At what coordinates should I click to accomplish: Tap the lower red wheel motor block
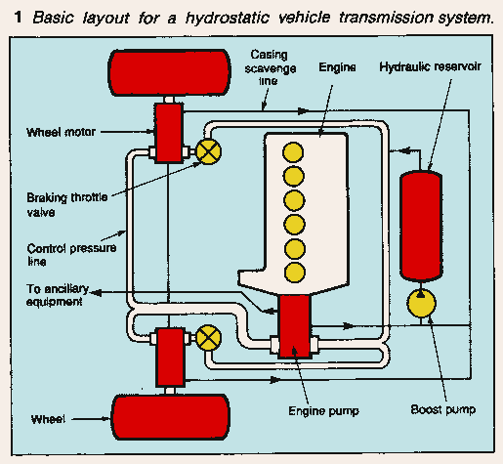click(170, 355)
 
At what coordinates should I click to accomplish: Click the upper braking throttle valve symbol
click(208, 150)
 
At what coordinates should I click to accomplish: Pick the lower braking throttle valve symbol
click(208, 338)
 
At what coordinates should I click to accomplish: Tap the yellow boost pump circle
click(422, 305)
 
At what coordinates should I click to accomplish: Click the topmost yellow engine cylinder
click(290, 152)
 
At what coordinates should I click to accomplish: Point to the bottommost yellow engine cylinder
click(290, 270)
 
